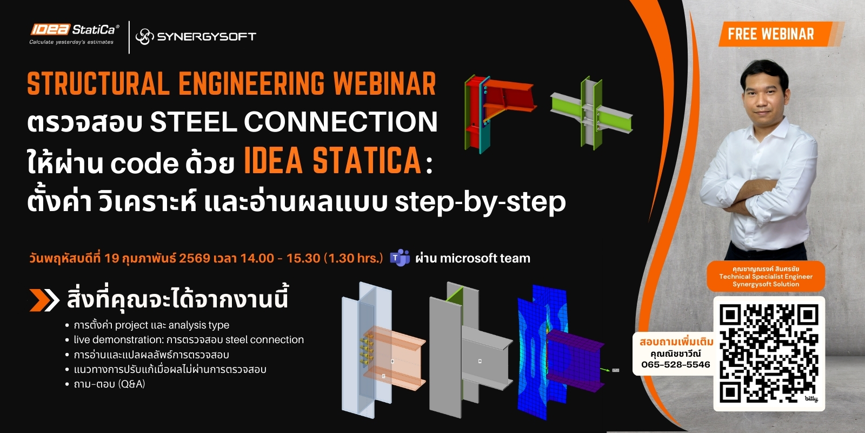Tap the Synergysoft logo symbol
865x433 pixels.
(144, 36)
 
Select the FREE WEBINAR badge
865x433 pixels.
(770, 34)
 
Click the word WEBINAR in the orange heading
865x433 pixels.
(384, 84)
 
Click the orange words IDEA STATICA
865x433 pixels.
(332, 161)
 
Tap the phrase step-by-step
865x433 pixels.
(480, 202)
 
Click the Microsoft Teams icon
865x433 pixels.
(400, 258)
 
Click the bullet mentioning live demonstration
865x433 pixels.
(189, 340)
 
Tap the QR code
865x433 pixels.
(769, 353)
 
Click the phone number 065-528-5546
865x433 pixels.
(675, 365)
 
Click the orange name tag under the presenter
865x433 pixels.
(766, 276)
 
